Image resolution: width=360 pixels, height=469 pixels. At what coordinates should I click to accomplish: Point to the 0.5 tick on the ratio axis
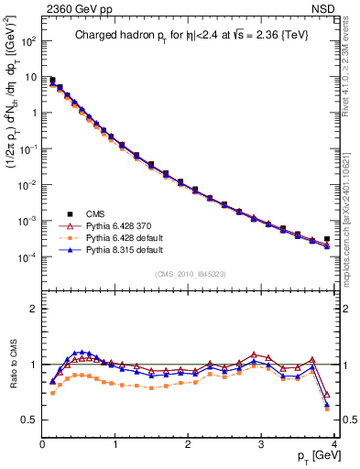coord(29,420)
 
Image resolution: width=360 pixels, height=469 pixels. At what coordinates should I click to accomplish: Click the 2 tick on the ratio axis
coord(34,309)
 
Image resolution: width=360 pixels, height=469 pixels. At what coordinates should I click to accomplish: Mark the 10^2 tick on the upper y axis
coord(28,41)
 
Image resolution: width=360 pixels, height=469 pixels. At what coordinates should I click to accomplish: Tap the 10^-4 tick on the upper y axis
coord(28,257)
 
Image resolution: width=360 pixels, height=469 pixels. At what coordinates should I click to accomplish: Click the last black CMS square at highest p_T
coord(327,239)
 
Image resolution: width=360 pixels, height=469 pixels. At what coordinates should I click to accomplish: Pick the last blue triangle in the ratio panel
coord(327,404)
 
